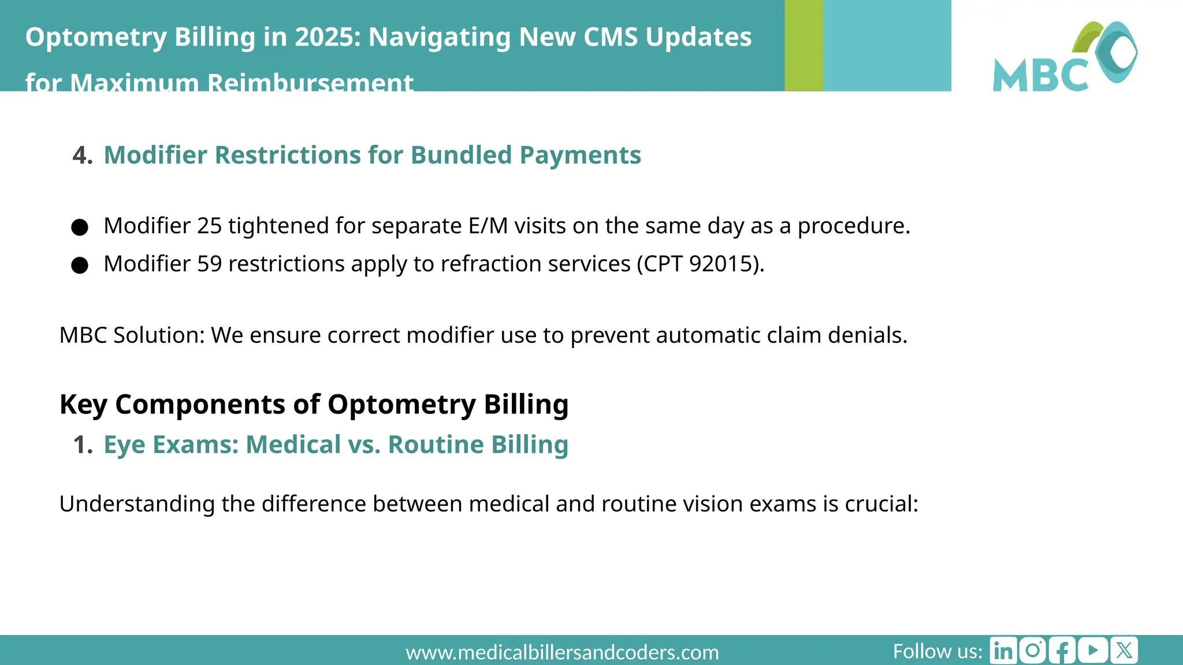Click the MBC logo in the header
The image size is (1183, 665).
click(x=1065, y=57)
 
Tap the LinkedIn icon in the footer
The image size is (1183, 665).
click(x=1003, y=651)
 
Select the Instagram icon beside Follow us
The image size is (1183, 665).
click(x=1033, y=651)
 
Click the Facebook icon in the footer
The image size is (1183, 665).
click(x=1062, y=651)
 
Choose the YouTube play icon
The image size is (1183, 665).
click(x=1092, y=651)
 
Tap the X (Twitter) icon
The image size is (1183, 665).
click(x=1124, y=651)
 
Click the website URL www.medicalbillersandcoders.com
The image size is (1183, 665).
click(x=562, y=652)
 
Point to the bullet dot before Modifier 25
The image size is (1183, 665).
click(x=80, y=227)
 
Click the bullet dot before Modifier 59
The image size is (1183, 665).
click(x=80, y=266)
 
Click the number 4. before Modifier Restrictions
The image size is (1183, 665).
click(x=83, y=155)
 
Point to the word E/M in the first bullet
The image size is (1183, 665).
click(x=488, y=226)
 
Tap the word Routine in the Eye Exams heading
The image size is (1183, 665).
click(x=436, y=445)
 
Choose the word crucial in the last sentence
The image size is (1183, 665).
click(x=881, y=504)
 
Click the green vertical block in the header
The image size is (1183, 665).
click(x=803, y=46)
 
